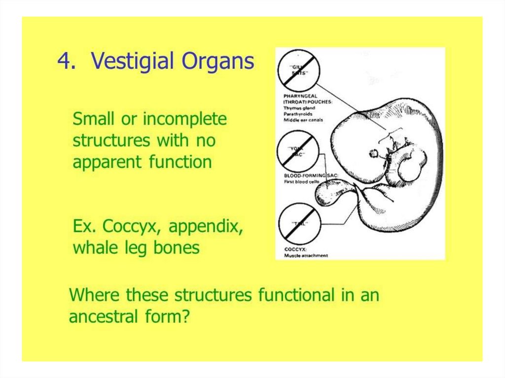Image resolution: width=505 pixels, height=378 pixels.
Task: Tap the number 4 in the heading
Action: tap(65, 62)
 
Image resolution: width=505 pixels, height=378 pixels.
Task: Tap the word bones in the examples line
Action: tap(176, 247)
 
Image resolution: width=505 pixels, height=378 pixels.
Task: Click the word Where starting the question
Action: tap(95, 295)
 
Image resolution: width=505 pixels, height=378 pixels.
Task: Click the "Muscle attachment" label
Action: tap(306, 256)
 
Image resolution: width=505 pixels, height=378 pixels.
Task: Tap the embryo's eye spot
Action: tap(374, 153)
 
